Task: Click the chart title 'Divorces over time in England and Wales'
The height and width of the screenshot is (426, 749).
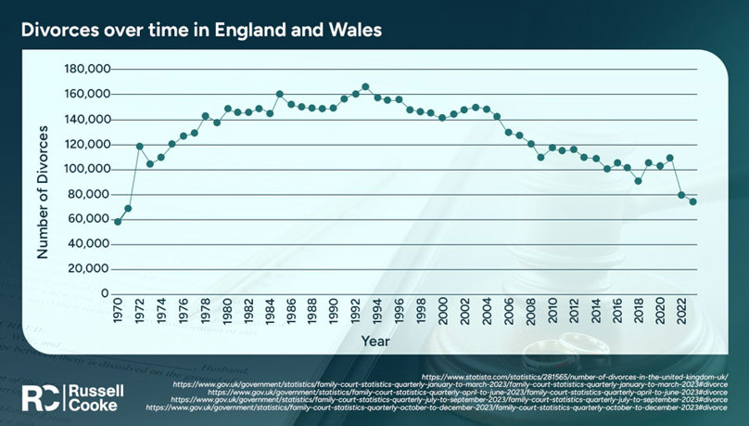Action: coord(201,30)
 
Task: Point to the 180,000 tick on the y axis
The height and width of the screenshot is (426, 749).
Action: coord(86,70)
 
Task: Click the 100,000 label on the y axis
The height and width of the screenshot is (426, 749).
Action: coord(86,170)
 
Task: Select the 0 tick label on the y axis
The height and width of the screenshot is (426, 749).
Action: coord(105,294)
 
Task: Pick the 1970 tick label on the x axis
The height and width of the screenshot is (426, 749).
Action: coord(118,312)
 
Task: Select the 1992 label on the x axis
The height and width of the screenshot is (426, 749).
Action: coord(355,312)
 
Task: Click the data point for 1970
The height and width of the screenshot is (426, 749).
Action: coord(118,222)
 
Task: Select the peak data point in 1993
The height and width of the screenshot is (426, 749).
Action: coord(365,86)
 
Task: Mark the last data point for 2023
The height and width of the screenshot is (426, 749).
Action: coord(692,201)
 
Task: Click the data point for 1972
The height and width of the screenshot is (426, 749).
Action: coord(139,146)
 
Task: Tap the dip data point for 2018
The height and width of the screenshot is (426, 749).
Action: coord(638,181)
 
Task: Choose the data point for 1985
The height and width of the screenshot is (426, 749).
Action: coord(279,94)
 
